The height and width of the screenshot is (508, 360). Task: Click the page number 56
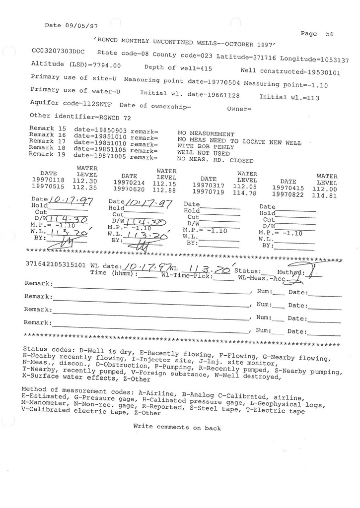(x=329, y=34)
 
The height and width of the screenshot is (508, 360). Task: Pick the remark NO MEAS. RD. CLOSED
(x=215, y=160)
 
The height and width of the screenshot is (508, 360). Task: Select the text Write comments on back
(x=177, y=427)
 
